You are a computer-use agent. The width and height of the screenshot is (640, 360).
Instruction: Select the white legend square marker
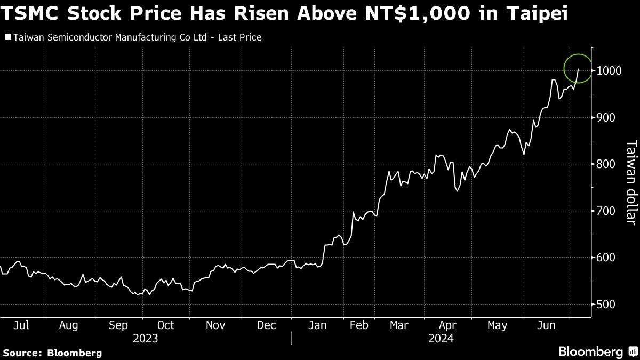7,37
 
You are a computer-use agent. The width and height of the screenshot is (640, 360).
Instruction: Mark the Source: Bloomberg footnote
52,353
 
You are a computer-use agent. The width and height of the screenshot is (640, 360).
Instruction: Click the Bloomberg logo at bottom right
596,351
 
